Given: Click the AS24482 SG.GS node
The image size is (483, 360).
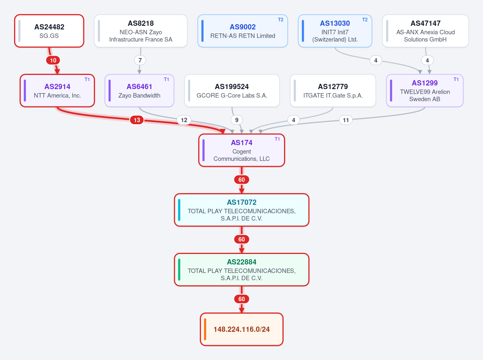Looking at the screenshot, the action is tap(49, 31).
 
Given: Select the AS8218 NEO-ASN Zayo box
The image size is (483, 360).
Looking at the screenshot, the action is tap(141, 31).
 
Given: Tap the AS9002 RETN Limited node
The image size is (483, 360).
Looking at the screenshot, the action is tap(243, 31).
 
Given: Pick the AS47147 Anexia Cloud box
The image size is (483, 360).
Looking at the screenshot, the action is tap(425, 31).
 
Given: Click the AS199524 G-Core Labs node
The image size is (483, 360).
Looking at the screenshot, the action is tap(232, 91).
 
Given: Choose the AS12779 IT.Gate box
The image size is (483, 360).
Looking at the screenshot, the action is tap(333, 91).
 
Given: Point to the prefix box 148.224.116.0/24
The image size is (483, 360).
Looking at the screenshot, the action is tap(242, 329).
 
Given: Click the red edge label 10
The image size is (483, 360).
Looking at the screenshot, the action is tap(53, 60).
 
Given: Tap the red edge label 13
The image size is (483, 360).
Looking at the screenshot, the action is tap(137, 120).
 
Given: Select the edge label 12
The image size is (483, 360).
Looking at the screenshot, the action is tap(184, 120).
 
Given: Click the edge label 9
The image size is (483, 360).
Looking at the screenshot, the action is tap(236, 120).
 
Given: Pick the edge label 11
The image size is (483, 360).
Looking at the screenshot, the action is tap(346, 120).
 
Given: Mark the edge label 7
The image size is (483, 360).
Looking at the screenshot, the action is tap(140, 60).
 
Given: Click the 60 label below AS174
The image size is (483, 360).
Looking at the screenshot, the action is tap(242, 180).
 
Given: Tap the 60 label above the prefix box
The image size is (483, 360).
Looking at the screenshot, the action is tap(242, 299).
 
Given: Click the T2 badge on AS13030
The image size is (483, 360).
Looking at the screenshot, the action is tap(365, 20).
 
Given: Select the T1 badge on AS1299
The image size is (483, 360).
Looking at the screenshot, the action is tap(456, 79).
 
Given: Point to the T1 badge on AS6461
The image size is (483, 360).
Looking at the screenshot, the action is tap(166, 79).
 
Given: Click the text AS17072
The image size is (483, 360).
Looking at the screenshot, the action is tap(242, 202).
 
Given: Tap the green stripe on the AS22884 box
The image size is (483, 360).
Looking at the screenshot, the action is tap(179, 270).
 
